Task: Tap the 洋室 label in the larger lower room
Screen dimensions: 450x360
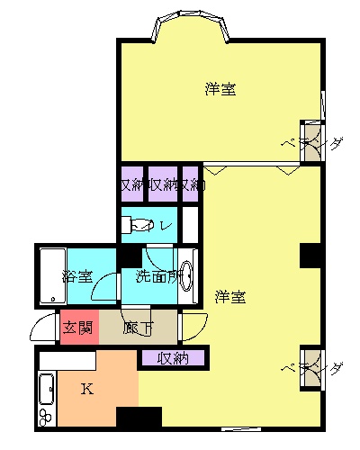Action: coord(231,296)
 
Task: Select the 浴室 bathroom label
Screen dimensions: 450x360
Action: coord(76,276)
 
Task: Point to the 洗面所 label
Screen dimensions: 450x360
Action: coord(157,276)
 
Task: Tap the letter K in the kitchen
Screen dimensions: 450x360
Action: coord(87,389)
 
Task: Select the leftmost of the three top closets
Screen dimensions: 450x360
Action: coord(131,184)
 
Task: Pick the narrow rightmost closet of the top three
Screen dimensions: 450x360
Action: coord(190,184)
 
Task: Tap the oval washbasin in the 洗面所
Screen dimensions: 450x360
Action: coord(187,275)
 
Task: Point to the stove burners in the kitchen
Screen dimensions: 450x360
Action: coord(47,417)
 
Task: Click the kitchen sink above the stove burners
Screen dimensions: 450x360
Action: coord(46,390)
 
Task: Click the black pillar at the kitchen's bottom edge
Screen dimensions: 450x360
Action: coord(139,418)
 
